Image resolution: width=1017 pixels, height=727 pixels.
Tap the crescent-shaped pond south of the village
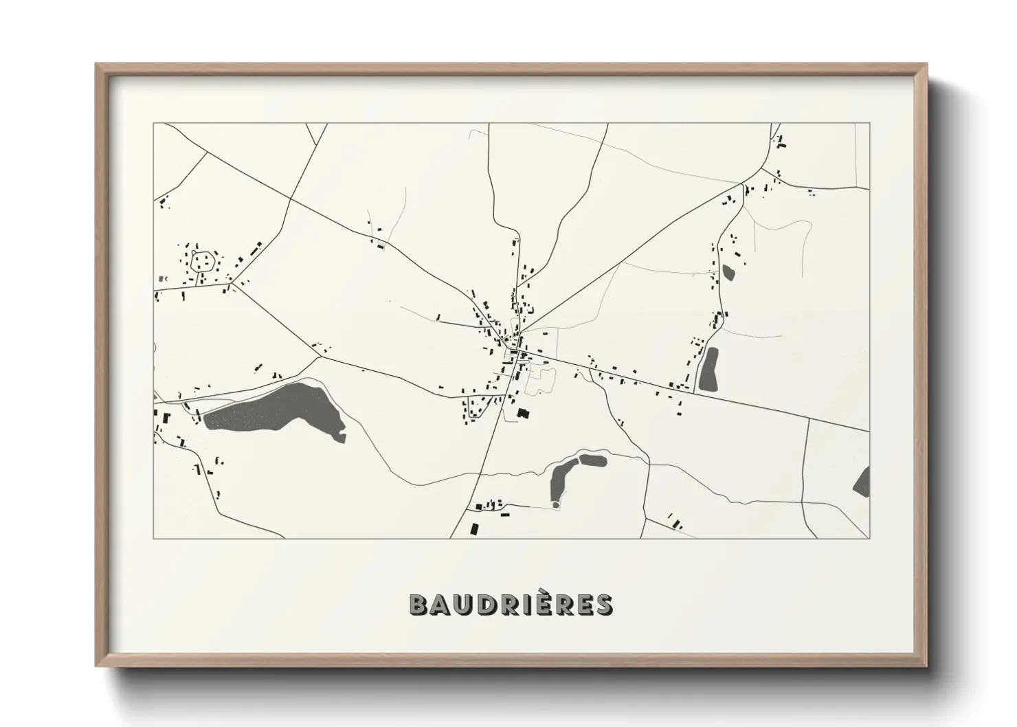click(x=559, y=479)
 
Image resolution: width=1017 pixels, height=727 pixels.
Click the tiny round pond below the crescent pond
click(x=556, y=506)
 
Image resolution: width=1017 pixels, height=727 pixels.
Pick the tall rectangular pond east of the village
click(x=708, y=370)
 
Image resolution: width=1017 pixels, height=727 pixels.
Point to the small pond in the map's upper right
click(x=728, y=272)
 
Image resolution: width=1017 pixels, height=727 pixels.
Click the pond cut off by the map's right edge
click(x=862, y=481)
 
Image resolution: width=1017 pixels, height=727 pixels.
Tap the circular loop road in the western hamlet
click(x=203, y=260)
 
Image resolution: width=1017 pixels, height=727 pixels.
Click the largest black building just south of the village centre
click(x=524, y=413)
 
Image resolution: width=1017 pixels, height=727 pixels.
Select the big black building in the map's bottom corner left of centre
click(x=473, y=528)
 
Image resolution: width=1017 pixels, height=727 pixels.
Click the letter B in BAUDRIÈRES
click(x=420, y=605)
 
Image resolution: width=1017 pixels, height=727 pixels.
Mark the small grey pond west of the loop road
click(x=163, y=279)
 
